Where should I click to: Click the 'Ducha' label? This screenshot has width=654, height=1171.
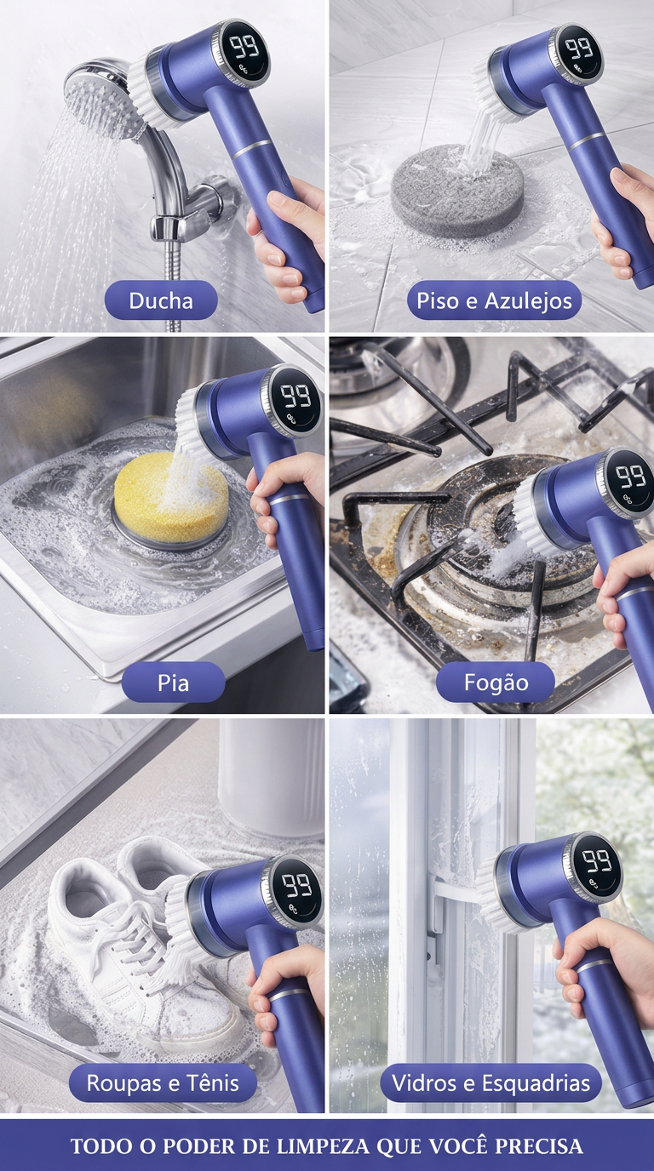(161, 300)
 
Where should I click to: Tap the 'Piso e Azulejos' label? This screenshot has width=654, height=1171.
(494, 300)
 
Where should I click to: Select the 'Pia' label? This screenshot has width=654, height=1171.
(173, 683)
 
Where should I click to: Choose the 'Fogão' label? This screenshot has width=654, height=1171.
(496, 683)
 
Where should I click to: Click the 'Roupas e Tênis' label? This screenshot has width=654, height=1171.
(163, 1082)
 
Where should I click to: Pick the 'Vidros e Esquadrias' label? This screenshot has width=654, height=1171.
(490, 1082)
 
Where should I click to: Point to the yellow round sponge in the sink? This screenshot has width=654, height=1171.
(170, 497)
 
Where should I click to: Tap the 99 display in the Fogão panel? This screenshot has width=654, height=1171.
(630, 477)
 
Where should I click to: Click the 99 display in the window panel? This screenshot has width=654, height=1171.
(598, 861)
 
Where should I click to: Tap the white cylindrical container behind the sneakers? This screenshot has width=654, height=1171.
(271, 779)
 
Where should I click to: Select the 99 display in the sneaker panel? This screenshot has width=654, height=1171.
(297, 886)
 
